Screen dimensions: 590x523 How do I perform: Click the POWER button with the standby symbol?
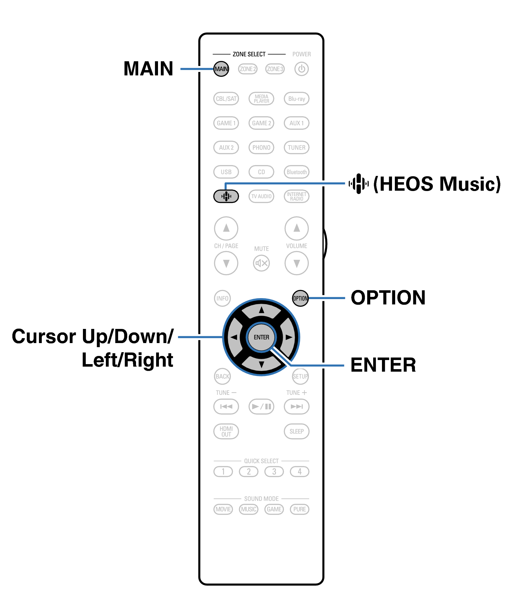coord(301,69)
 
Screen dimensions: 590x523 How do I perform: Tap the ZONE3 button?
coord(275,69)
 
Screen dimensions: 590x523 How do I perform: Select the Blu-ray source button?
coord(297,99)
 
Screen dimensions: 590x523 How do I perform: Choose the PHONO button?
coord(261,147)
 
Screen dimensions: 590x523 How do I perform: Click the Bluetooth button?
coord(297,172)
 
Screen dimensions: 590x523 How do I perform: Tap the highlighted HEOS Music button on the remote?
coord(226,196)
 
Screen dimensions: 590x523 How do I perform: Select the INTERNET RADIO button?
coord(297,196)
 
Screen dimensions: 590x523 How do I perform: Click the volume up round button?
coord(297,228)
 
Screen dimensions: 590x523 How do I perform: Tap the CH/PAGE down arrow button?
coord(226,263)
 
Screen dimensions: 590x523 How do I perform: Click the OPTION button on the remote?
coord(300,298)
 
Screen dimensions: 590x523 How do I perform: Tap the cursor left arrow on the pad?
coord(234,337)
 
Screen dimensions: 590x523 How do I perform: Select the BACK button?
coord(222,376)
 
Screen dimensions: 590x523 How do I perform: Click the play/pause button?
coord(261,407)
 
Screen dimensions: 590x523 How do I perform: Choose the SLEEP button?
coord(297,431)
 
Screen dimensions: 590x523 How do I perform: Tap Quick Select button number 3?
coord(274,472)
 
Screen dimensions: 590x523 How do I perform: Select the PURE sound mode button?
coord(299,509)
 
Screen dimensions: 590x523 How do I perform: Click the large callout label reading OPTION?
coord(388,298)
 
